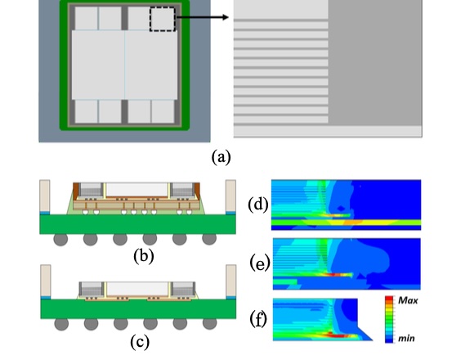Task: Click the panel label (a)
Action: coord(221,157)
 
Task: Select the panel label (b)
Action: coord(144,255)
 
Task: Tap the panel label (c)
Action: coord(140,342)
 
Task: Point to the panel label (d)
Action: coord(258,205)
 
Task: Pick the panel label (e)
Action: coord(260,263)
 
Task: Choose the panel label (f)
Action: coord(258,319)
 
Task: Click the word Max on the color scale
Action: coord(408,300)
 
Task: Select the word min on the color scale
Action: coord(406,339)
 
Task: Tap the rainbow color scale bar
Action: coord(389,320)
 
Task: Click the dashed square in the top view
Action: coord(163,19)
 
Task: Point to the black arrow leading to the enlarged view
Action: coord(202,17)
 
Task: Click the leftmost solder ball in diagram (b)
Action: coord(60,239)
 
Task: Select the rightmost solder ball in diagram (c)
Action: coord(209,324)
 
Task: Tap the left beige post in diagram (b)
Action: coord(45,196)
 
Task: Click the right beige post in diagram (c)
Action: coord(230,281)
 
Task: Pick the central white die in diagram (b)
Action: coord(137,189)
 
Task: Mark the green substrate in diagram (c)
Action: coord(138,308)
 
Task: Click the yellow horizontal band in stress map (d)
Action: coord(346,223)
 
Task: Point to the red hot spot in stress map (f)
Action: coord(337,335)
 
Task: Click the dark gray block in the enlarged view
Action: coord(375,62)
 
